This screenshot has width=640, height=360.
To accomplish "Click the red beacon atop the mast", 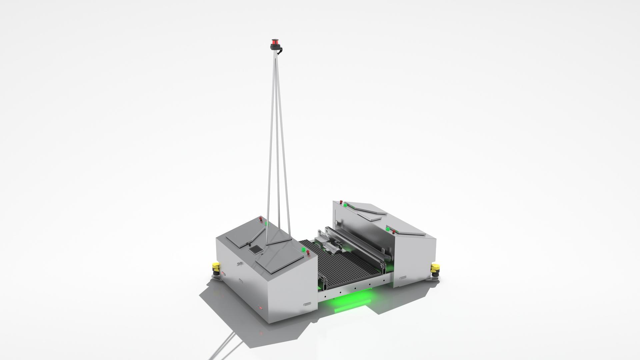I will [275, 42].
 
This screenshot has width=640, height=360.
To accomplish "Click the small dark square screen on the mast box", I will [256, 249].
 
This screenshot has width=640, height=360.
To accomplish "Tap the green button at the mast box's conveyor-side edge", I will [303, 249].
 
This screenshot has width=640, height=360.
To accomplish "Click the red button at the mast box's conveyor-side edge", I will [308, 252].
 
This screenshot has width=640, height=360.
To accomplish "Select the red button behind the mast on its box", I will [261, 219].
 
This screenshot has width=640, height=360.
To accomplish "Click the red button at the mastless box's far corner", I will [341, 202].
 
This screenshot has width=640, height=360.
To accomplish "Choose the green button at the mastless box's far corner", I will [345, 204].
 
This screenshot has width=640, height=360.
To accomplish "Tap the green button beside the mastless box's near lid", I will [388, 229].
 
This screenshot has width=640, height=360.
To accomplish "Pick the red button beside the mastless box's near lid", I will [394, 231].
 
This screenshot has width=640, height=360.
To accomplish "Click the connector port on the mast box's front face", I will [307, 304].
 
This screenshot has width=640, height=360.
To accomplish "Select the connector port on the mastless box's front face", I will [403, 277].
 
